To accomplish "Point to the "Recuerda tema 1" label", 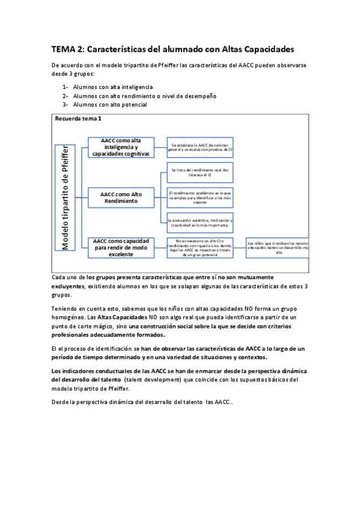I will pos(78,119).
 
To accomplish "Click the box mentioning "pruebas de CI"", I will pos(200,147).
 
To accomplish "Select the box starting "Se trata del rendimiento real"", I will pos(200,173).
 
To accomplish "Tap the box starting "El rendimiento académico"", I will pos(200,198).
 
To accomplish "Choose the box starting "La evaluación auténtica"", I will pos(200,223).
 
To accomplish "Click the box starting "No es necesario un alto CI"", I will pos(200,247).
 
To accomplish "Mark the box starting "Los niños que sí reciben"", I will pos(278,247).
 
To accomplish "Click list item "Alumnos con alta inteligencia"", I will pos(113,87).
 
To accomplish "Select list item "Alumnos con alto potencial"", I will pos(110,104).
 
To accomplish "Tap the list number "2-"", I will pos(66,96).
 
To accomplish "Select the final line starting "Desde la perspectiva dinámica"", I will pos(138,401).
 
